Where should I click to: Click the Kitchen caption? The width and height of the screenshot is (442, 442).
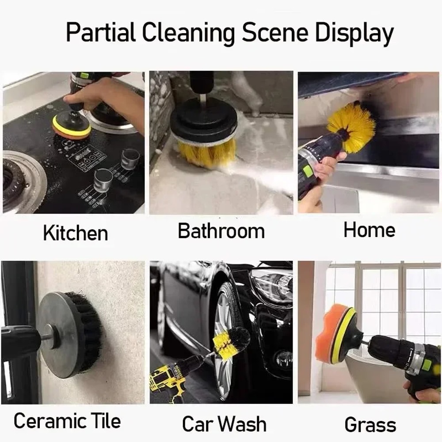click(x=75, y=233)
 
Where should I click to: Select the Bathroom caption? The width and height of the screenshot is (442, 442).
click(x=221, y=231)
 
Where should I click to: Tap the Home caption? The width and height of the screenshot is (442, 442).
click(x=369, y=230)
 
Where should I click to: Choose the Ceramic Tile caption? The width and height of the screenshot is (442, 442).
click(x=67, y=421)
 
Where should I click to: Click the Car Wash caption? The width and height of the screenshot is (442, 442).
click(x=224, y=424)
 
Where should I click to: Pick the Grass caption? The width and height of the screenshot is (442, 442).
click(x=370, y=425)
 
